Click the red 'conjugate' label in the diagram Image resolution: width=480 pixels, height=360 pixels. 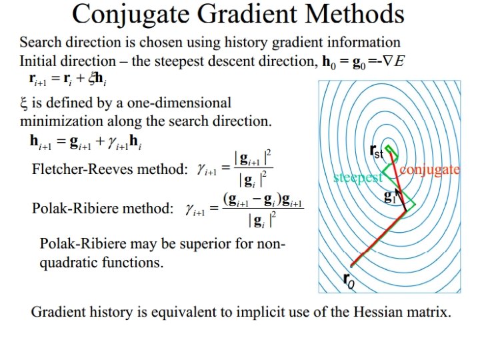pos(430,169)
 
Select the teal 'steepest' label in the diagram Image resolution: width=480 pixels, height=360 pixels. pos(358,177)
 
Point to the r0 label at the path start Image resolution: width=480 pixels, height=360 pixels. pos(348,280)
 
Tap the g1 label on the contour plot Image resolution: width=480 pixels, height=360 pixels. pos(391,197)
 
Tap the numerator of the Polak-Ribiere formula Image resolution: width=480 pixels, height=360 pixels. pos(262,198)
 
